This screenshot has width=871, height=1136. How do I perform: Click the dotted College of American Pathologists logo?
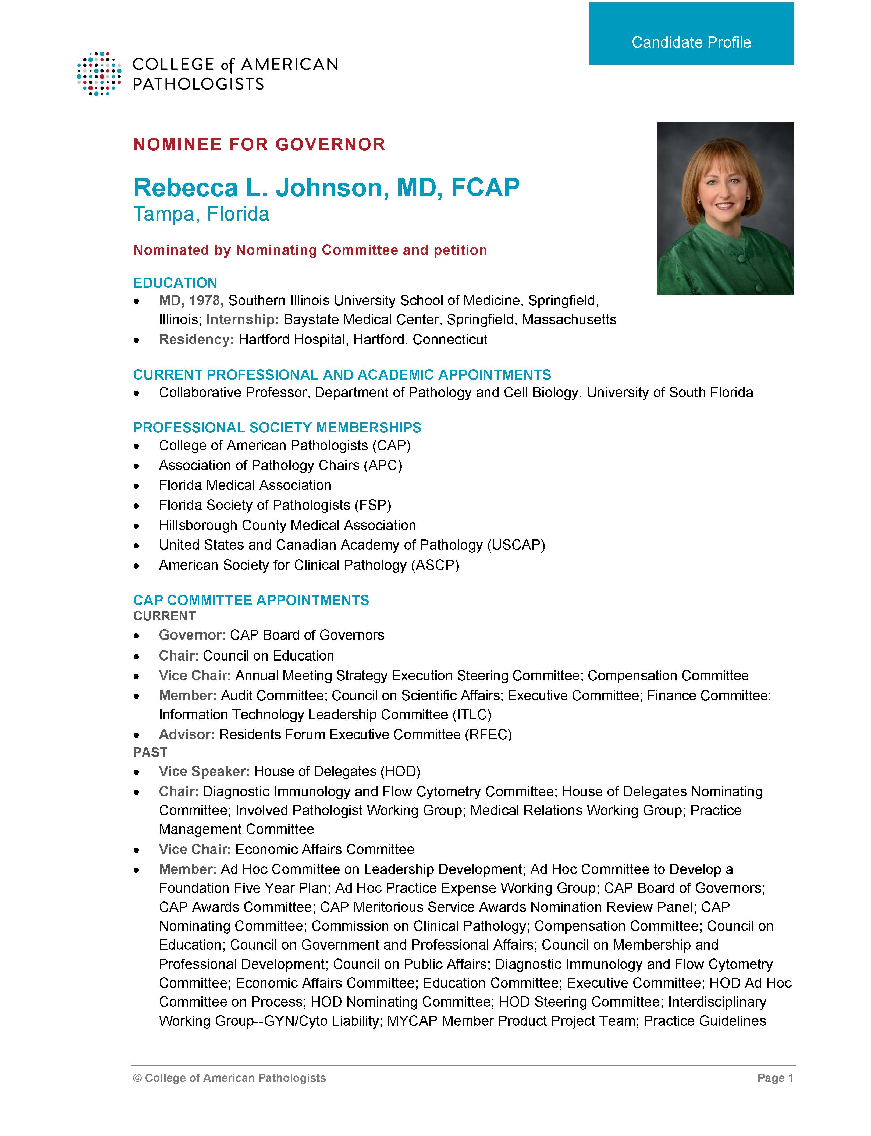(x=99, y=74)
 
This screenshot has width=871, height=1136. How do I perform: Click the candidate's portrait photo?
(x=725, y=208)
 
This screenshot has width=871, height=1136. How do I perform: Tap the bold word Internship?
(x=242, y=320)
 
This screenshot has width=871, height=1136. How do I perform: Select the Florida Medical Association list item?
(x=245, y=485)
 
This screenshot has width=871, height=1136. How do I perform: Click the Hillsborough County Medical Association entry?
(x=287, y=525)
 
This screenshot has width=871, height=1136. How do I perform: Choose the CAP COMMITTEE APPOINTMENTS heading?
(x=251, y=600)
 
